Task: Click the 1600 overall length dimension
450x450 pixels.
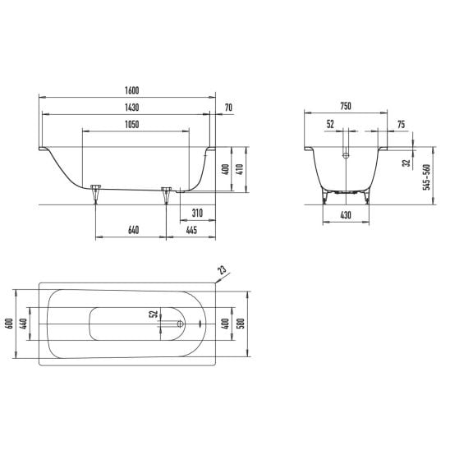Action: click(131, 90)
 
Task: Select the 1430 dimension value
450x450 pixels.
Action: click(131, 108)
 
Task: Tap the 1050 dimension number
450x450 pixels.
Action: click(131, 124)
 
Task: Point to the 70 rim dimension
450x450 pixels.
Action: click(228, 108)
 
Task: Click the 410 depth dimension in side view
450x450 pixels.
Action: click(240, 169)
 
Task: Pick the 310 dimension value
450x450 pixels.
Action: click(197, 213)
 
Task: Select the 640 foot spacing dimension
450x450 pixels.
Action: click(134, 230)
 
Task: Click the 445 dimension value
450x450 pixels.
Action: click(191, 230)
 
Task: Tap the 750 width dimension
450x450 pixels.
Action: click(346, 106)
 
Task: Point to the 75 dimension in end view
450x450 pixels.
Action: click(402, 124)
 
